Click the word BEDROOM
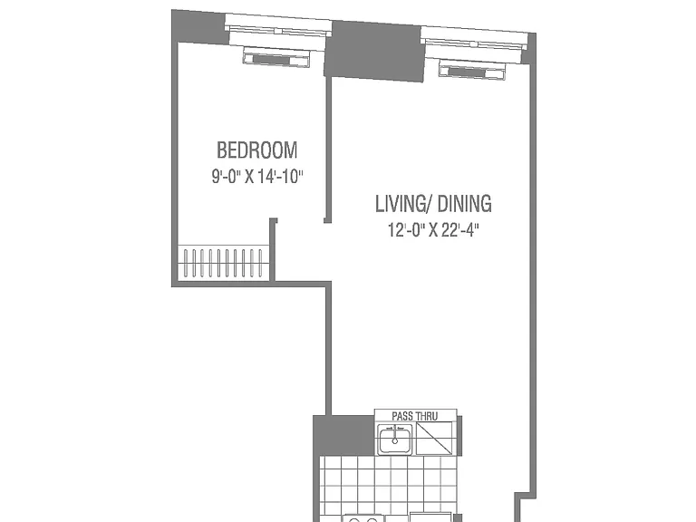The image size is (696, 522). (257, 150)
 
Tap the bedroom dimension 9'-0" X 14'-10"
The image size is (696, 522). (257, 177)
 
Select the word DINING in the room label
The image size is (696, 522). (465, 204)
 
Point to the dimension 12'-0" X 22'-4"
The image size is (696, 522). (433, 230)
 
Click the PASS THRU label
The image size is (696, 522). (414, 416)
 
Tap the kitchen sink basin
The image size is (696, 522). (394, 439)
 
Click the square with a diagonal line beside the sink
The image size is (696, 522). (434, 438)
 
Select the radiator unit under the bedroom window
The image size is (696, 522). (276, 58)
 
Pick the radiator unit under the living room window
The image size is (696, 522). (472, 70)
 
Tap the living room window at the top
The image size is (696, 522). (474, 43)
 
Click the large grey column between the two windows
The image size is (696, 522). (375, 51)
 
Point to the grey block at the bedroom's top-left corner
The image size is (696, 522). (199, 27)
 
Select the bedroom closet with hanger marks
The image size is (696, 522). (223, 263)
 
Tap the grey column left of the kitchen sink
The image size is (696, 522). (344, 435)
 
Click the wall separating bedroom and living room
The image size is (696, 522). (328, 150)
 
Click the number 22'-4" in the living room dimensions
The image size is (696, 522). (460, 230)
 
